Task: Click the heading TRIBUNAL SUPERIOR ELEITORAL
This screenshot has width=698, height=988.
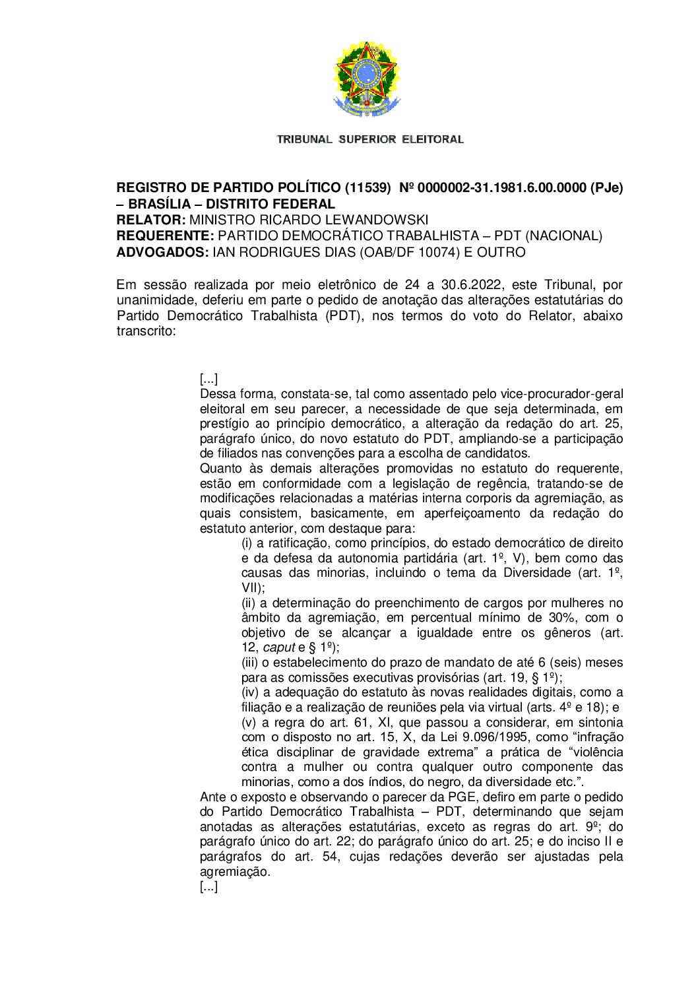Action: point(370,139)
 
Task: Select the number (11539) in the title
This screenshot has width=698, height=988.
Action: point(369,188)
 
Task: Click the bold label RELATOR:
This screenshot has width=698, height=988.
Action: point(151,220)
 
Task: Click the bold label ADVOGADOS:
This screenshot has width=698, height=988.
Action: point(162,252)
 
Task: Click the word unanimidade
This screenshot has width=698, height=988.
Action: point(148,300)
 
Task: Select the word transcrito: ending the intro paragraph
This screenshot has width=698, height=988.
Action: point(146,331)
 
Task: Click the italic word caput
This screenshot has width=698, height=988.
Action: point(278,647)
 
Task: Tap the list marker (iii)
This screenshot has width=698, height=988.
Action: point(250,663)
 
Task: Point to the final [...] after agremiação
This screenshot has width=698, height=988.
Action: point(208,886)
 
